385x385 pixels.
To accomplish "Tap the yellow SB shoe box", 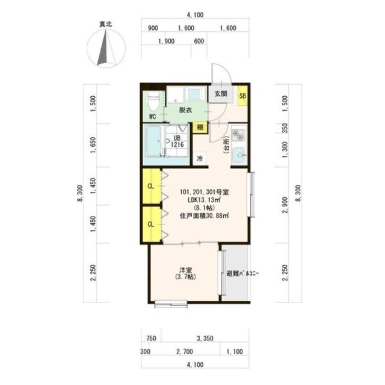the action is [x=242, y=96].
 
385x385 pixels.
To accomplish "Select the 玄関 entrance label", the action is [x=221, y=94].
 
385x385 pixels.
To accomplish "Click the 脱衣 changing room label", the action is [x=185, y=110].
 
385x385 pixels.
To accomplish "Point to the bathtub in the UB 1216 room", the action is [x=154, y=141].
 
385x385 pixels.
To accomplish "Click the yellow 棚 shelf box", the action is [x=200, y=128].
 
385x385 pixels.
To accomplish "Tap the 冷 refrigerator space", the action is [x=200, y=158].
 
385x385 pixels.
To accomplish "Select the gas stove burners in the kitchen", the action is [x=238, y=135].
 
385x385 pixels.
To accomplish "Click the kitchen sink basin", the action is [x=238, y=155].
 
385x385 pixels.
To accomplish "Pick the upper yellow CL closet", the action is [x=152, y=186].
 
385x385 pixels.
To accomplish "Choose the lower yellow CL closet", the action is [x=152, y=224].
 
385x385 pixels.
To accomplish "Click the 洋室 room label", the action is [x=186, y=271].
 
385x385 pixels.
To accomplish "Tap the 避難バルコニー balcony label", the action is [x=242, y=273].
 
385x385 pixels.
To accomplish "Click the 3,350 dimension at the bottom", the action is [x=205, y=339].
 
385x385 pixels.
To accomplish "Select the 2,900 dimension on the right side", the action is [x=285, y=205].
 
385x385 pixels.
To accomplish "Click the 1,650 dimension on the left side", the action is [x=93, y=145].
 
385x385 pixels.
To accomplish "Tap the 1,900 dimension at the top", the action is [x=166, y=42].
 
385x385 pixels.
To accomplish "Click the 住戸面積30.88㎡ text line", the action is [x=205, y=216].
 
